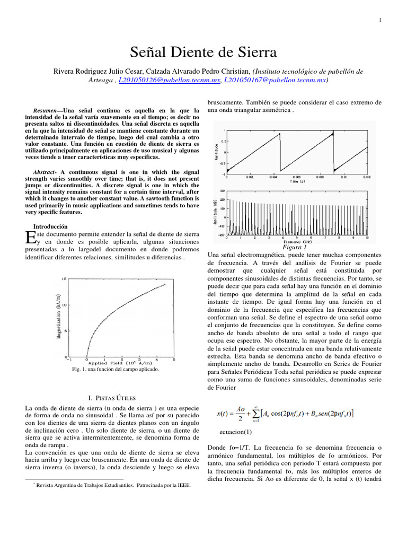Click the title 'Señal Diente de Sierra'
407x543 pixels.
[203, 52]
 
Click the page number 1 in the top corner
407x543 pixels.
[381, 20]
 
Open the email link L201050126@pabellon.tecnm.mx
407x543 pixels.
[169, 80]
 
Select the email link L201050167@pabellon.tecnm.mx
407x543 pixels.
[275, 80]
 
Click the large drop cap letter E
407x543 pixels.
[30, 238]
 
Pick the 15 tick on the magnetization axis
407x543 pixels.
[64, 279]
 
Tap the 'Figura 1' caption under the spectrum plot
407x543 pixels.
[295, 247]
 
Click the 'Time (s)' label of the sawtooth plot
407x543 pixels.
[296, 181]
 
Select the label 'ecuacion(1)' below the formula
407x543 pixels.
[235, 432]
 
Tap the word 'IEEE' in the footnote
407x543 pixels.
[181, 485]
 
